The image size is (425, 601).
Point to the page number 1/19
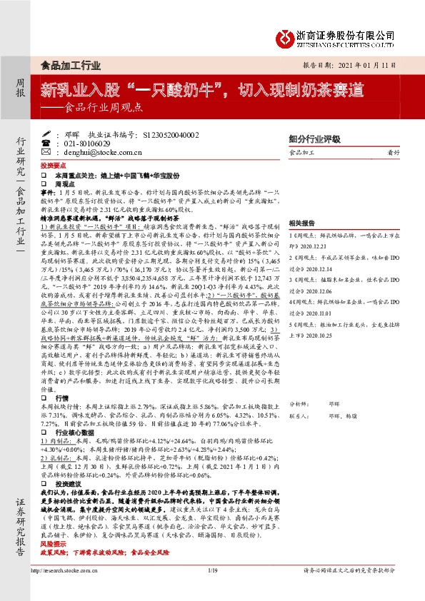[212, 590]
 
